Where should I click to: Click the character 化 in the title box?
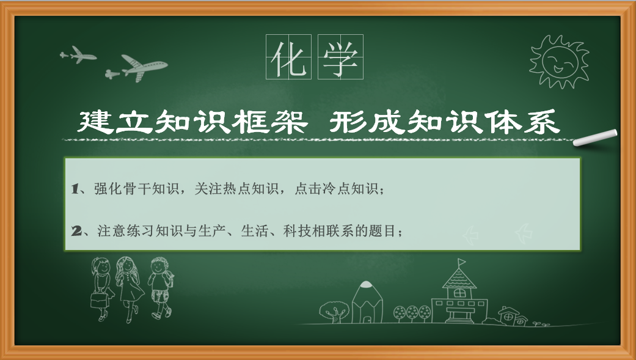point(288,57)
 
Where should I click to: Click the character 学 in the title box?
point(340,57)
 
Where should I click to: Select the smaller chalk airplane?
point(78,54)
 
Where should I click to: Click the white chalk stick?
point(595,138)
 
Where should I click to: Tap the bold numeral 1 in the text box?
point(75,189)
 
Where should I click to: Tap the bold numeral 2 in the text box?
point(76,231)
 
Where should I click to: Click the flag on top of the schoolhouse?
point(462,262)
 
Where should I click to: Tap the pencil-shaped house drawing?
point(367,303)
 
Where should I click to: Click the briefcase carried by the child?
point(99,300)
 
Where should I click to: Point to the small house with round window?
point(513,317)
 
